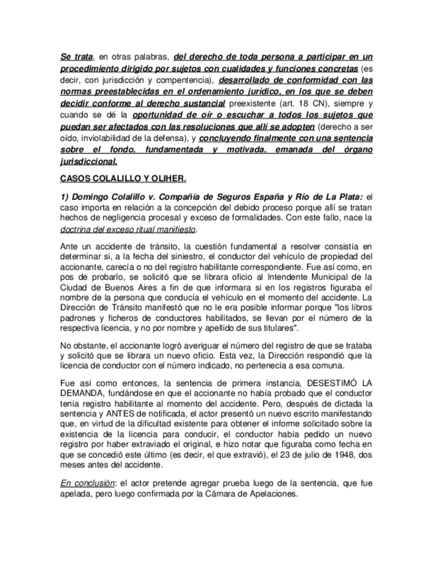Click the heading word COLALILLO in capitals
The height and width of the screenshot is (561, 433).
point(113,179)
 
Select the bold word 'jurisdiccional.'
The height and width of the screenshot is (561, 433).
point(89,161)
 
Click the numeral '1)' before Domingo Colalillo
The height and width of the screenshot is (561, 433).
point(65,196)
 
